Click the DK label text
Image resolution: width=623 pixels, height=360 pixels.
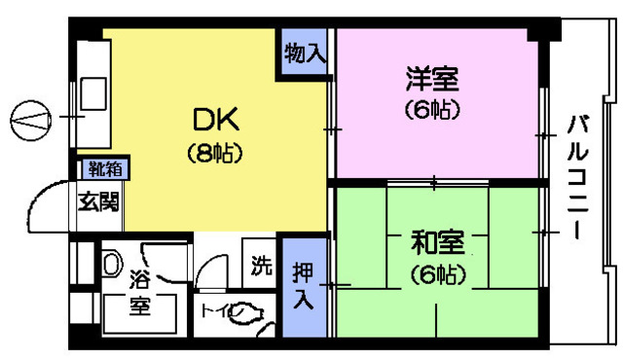(x=214, y=122)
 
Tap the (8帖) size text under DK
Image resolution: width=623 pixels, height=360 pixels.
(x=214, y=153)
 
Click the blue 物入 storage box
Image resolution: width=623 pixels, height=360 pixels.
(x=305, y=54)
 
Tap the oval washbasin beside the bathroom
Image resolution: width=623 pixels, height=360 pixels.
(x=110, y=263)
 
